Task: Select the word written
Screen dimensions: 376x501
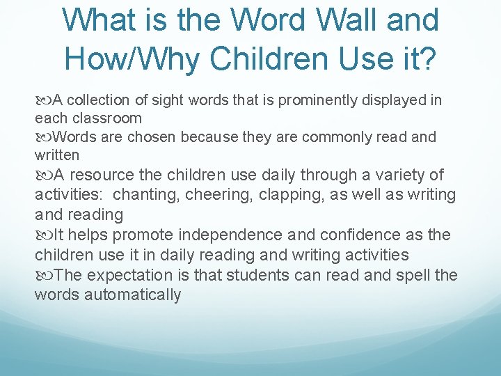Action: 57,155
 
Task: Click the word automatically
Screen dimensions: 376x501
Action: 132,295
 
